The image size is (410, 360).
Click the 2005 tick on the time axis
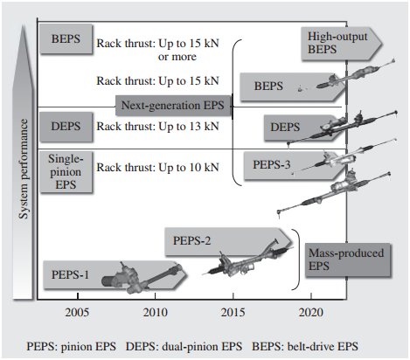(77, 312)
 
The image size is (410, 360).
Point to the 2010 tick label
(156, 312)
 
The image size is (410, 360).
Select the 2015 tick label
(233, 312)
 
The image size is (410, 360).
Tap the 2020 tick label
(311, 312)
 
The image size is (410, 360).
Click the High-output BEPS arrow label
(337, 42)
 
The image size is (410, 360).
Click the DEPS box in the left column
(66, 126)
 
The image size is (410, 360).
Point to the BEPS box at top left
(66, 39)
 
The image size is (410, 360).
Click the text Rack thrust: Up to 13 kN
(157, 127)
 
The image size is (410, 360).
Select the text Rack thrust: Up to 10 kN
(157, 166)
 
